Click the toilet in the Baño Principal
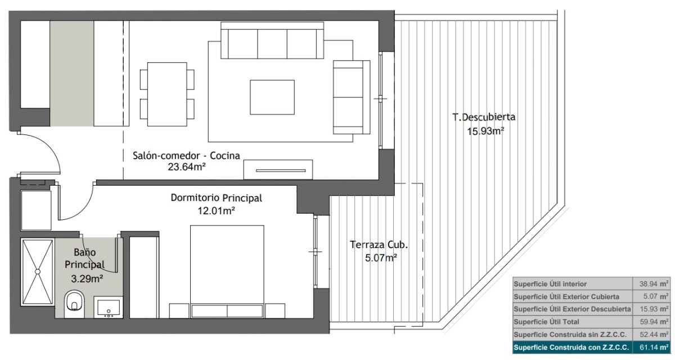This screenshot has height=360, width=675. click(74, 304)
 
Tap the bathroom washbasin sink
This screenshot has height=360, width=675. click(108, 307)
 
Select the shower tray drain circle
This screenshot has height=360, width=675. click(38, 272)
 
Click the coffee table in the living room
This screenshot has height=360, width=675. click(272, 97)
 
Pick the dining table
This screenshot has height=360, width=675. click(167, 94)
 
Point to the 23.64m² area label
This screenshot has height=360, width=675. click(187, 167)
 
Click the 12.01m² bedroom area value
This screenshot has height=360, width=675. click(216, 210)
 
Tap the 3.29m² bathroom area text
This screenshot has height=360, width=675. click(87, 278)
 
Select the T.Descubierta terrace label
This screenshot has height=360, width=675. click(484, 117)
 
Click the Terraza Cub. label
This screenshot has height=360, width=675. click(379, 245)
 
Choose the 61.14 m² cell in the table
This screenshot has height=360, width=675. click(651, 348)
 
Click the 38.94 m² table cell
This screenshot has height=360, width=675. click(651, 284)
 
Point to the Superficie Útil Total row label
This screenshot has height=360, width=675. click(546, 322)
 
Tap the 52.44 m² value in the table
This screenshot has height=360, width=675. click(651, 335)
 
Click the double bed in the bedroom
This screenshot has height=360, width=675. click(227, 272)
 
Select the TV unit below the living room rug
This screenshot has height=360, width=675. click(278, 170)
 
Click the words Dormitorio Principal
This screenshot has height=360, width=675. click(217, 198)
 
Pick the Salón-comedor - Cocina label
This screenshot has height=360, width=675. click(187, 156)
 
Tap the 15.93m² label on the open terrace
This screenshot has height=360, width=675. click(486, 132)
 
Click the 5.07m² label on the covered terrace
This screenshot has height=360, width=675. click(381, 258)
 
